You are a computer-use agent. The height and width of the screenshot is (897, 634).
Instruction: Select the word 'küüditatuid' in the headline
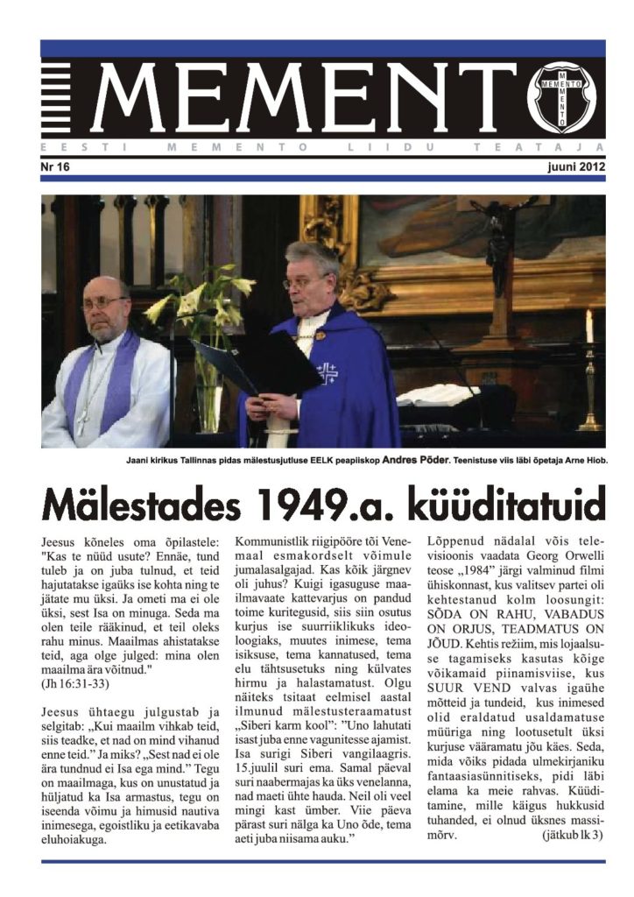498,505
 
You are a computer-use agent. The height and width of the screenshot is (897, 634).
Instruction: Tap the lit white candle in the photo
588,326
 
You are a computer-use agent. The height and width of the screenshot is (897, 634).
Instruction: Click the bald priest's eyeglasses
103,303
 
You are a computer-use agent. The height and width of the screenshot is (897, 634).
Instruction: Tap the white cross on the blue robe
328,373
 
